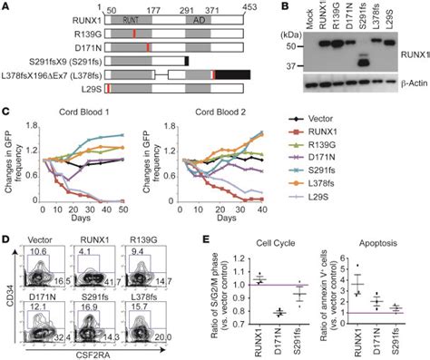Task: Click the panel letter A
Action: [7, 7]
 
